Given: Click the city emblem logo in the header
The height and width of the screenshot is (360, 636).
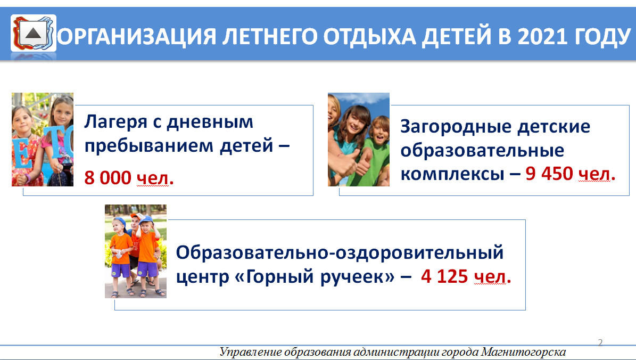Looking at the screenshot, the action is [x=33, y=33].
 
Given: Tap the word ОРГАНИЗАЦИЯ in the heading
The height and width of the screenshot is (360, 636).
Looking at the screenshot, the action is [x=137, y=37].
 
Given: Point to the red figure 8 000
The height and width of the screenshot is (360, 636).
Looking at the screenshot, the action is [x=108, y=178].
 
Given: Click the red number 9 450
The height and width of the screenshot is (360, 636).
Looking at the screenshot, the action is [x=549, y=174].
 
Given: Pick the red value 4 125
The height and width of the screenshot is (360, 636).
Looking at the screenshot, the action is [x=444, y=276].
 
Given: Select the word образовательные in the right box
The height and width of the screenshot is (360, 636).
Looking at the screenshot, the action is [x=482, y=151].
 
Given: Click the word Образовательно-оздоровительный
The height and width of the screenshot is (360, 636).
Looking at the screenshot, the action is [x=340, y=253].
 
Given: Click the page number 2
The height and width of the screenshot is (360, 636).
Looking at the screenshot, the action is [x=600, y=342].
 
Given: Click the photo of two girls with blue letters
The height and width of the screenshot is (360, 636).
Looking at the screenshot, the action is [x=43, y=139].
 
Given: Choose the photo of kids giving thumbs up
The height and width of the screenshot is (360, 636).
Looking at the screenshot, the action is [x=359, y=139].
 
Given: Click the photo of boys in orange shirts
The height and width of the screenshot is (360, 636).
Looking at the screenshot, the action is [x=136, y=251].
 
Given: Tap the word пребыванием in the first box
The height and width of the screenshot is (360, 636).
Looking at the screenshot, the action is [x=149, y=146].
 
